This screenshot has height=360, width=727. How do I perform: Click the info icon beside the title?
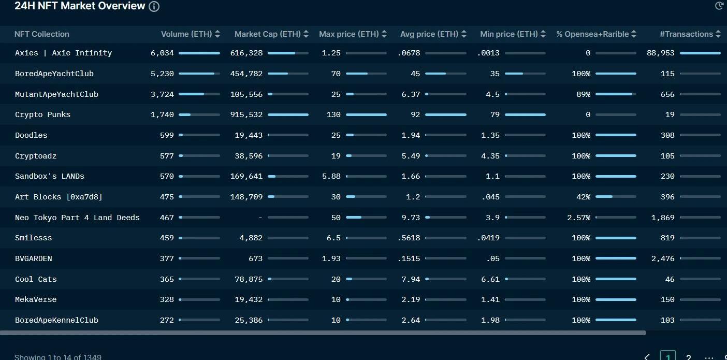[x=154, y=6]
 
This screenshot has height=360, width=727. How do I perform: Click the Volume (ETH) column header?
[x=186, y=34]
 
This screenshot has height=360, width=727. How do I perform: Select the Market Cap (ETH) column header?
[x=267, y=34]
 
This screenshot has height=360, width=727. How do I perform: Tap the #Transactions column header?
[x=686, y=34]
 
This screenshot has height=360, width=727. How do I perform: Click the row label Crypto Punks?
[x=42, y=114]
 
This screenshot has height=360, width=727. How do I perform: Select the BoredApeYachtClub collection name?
[x=54, y=74]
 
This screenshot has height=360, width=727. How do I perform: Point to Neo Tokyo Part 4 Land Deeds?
[x=77, y=218]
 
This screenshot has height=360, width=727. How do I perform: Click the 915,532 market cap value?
[x=246, y=114]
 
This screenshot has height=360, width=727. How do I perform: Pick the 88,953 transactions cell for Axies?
[x=661, y=53]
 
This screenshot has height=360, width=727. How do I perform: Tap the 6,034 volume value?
[x=162, y=53]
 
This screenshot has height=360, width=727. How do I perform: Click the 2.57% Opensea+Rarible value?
[x=578, y=218]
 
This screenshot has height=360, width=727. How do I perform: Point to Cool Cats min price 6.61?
[x=490, y=279]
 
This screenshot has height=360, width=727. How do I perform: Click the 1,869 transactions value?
[x=663, y=218]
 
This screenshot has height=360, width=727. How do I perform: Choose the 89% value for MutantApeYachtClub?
[x=583, y=94]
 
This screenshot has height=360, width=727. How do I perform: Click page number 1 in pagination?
[x=668, y=357]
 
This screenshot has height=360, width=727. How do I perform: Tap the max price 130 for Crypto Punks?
[x=333, y=114]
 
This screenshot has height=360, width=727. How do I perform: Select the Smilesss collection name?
[x=34, y=238]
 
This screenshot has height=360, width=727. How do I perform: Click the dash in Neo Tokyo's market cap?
[x=260, y=218]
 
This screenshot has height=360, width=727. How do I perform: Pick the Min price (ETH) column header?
[x=508, y=34]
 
